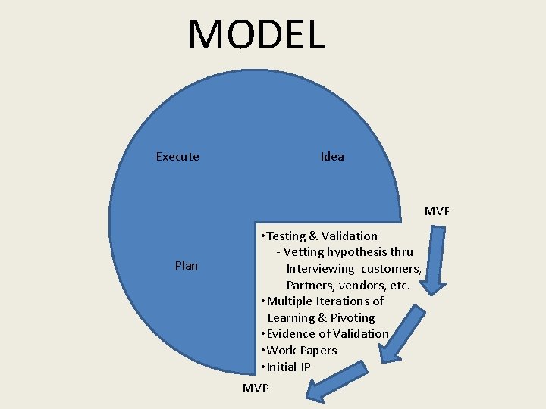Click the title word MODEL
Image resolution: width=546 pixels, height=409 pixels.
tap(256, 34)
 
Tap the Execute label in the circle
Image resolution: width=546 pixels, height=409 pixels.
tap(177, 157)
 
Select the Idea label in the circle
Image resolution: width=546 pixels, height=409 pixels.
tap(332, 157)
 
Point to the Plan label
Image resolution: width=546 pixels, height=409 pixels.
tap(187, 266)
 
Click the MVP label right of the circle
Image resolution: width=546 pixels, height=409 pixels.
tap(438, 211)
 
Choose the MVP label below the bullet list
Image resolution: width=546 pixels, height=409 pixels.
tap(256, 389)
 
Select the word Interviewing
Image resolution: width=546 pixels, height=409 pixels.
tap(320, 269)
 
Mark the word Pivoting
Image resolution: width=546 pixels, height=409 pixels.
tap(353, 318)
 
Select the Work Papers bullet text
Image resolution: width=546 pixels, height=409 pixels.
tap(301, 351)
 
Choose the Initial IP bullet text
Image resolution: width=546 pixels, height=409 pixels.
tap(288, 367)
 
